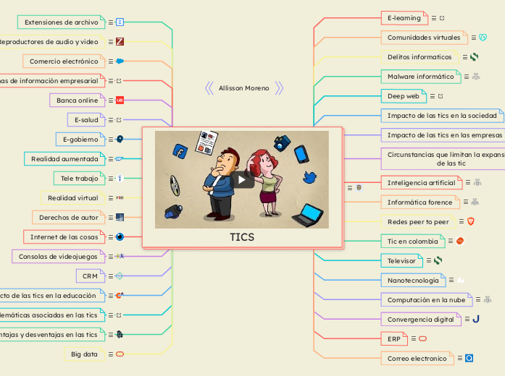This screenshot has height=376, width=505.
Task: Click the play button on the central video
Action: pyautogui.click(x=242, y=179)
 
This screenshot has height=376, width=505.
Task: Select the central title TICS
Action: pyautogui.click(x=242, y=237)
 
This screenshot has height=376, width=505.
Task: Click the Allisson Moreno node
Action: pyautogui.click(x=243, y=88)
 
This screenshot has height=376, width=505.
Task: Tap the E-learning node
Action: pyautogui.click(x=404, y=17)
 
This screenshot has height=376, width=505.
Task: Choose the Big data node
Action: pyautogui.click(x=85, y=354)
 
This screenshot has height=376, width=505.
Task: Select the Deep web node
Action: pyautogui.click(x=403, y=95)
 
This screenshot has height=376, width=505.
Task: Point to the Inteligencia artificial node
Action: pyautogui.click(x=421, y=182)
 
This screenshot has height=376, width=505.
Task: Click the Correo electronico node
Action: pyautogui.click(x=417, y=357)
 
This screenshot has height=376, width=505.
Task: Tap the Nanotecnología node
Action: pyautogui.click(x=413, y=279)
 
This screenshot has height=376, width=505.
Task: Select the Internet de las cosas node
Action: pyautogui.click(x=64, y=236)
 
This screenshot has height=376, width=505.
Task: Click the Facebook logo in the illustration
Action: pyautogui.click(x=180, y=150)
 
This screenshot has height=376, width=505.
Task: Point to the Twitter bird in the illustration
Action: pyautogui.click(x=309, y=177)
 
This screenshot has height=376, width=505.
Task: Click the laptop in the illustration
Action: pyautogui.click(x=307, y=215)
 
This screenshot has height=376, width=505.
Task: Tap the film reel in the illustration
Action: pyautogui.click(x=175, y=187)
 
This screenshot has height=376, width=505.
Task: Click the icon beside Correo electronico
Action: pyautogui.click(x=469, y=357)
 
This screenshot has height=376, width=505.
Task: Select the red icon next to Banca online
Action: pyautogui.click(x=120, y=100)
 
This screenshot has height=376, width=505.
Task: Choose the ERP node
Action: pyautogui.click(x=393, y=338)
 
